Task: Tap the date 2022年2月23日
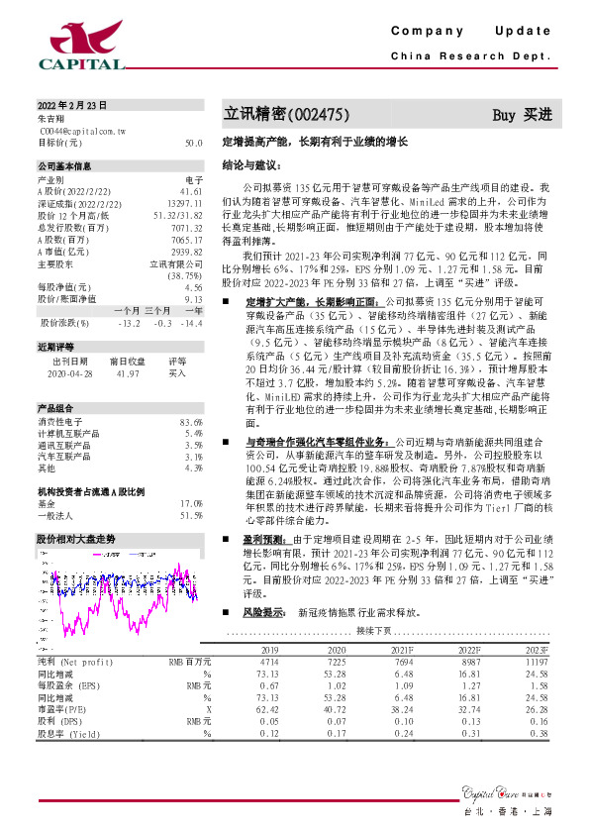71,105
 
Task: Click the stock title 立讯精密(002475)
286,114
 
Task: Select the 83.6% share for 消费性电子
191,423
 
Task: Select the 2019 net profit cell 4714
268,660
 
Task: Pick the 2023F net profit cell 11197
536,660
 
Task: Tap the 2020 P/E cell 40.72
323,710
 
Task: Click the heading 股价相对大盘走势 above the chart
76,539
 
